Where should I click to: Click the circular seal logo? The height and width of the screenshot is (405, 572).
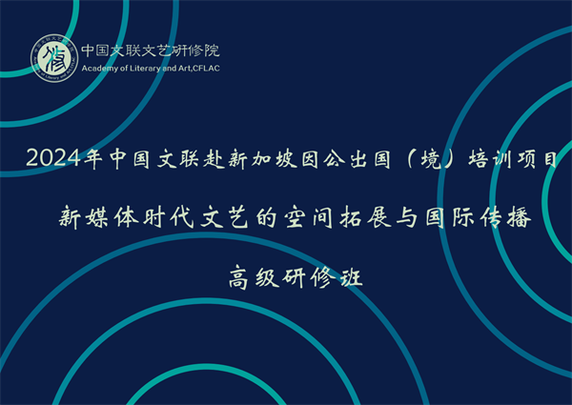pyautogui.click(x=54, y=58)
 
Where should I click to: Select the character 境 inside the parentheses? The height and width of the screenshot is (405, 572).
pyautogui.click(x=431, y=159)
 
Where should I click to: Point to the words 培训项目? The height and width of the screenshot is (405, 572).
pyautogui.click(x=513, y=159)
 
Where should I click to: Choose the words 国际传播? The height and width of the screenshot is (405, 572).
pyautogui.click(x=479, y=217)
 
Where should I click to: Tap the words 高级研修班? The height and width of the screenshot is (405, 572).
pyautogui.click(x=296, y=278)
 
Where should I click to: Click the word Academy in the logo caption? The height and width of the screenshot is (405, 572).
pyautogui.click(x=95, y=69)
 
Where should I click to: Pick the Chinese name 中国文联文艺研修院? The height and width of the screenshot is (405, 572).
pyautogui.click(x=151, y=51)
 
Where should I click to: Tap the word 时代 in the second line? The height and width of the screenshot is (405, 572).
pyautogui.click(x=168, y=217)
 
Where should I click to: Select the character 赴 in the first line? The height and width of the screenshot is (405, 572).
pyautogui.click(x=214, y=159)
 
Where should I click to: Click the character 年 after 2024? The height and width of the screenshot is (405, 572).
pyautogui.click(x=92, y=159)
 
